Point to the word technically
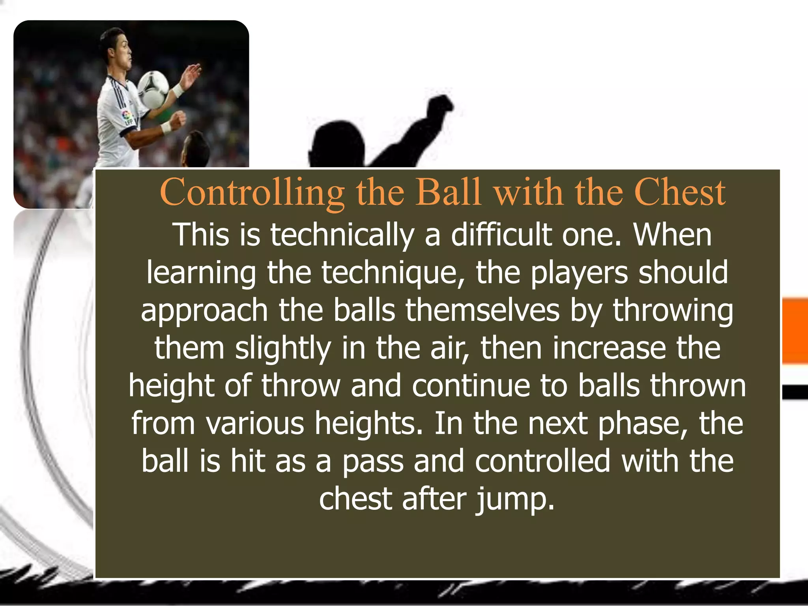tap(342, 235)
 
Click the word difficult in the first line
tap(501, 235)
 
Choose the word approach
tap(204, 310)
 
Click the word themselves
tap(482, 310)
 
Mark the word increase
tap(609, 348)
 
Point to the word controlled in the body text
tap(542, 461)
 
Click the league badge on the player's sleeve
tap(127, 117)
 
